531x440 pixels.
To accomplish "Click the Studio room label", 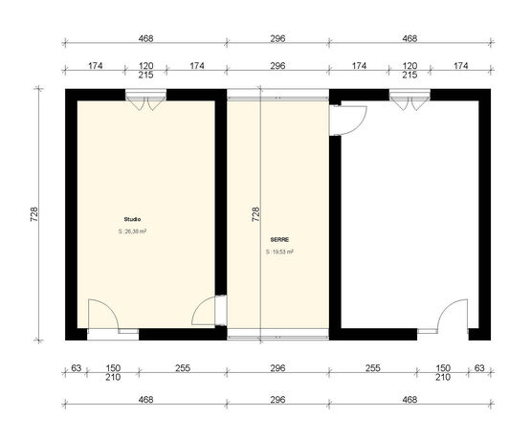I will pos(132,219).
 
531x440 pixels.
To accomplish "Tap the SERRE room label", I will pos(278,239).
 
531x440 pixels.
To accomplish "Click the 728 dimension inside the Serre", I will pos(255,214).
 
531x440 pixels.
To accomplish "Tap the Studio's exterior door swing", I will pos(101,316).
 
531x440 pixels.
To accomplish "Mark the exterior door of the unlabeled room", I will pos(454,316).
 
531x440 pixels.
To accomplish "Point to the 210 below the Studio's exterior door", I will pos(113,377).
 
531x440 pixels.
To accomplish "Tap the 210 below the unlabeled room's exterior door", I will pos(442,377).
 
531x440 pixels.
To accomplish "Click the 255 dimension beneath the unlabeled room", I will pos(373,367).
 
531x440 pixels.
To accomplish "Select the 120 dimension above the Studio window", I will pos(145,65).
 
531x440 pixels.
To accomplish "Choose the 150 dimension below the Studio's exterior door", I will pos(113,367).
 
